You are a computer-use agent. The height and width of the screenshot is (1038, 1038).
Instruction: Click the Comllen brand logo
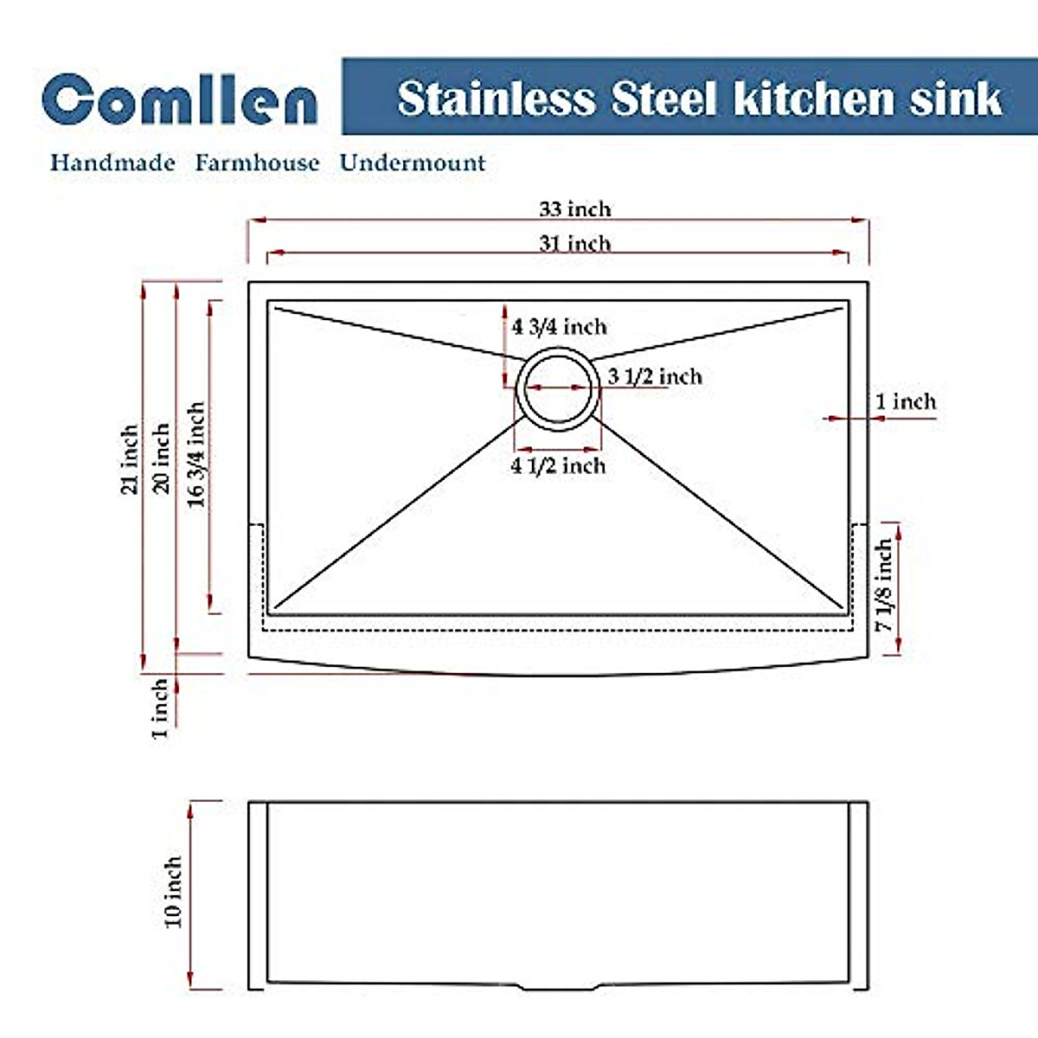[x=179, y=99]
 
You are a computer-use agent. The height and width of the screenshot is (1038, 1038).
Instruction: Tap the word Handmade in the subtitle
[x=112, y=163]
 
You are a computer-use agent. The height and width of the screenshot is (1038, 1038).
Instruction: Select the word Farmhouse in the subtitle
[x=257, y=163]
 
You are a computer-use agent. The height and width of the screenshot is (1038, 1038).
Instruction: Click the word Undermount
[x=413, y=163]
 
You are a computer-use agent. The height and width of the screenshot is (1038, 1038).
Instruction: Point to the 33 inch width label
[x=575, y=209]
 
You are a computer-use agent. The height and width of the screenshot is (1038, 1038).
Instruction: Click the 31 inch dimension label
[x=575, y=243]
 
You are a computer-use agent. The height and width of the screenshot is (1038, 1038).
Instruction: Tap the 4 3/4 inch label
[x=559, y=326]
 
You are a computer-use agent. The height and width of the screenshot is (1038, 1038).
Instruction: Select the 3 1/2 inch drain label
[x=655, y=376]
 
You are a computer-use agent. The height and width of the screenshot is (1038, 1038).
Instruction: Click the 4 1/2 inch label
[x=558, y=465]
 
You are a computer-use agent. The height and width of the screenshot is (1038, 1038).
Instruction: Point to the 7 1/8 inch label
[x=883, y=586]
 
